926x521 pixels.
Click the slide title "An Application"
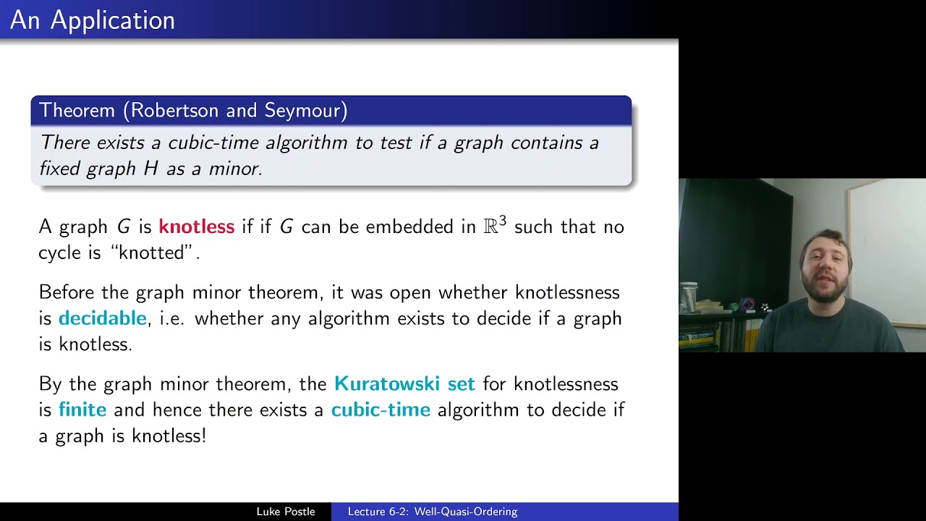click(x=93, y=20)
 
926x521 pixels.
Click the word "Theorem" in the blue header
click(x=77, y=110)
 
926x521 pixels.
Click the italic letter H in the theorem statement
click(x=150, y=169)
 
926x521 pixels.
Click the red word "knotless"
click(x=196, y=227)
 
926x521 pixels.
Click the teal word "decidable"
click(x=102, y=318)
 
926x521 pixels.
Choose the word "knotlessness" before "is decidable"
click(x=567, y=292)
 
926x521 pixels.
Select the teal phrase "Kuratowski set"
click(x=404, y=384)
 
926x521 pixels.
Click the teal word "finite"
click(x=82, y=410)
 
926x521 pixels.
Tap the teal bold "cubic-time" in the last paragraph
click(x=381, y=410)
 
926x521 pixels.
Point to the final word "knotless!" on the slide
click(x=169, y=436)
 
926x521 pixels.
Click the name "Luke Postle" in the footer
click(x=286, y=512)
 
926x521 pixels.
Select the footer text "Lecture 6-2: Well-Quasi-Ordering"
click(x=433, y=512)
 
